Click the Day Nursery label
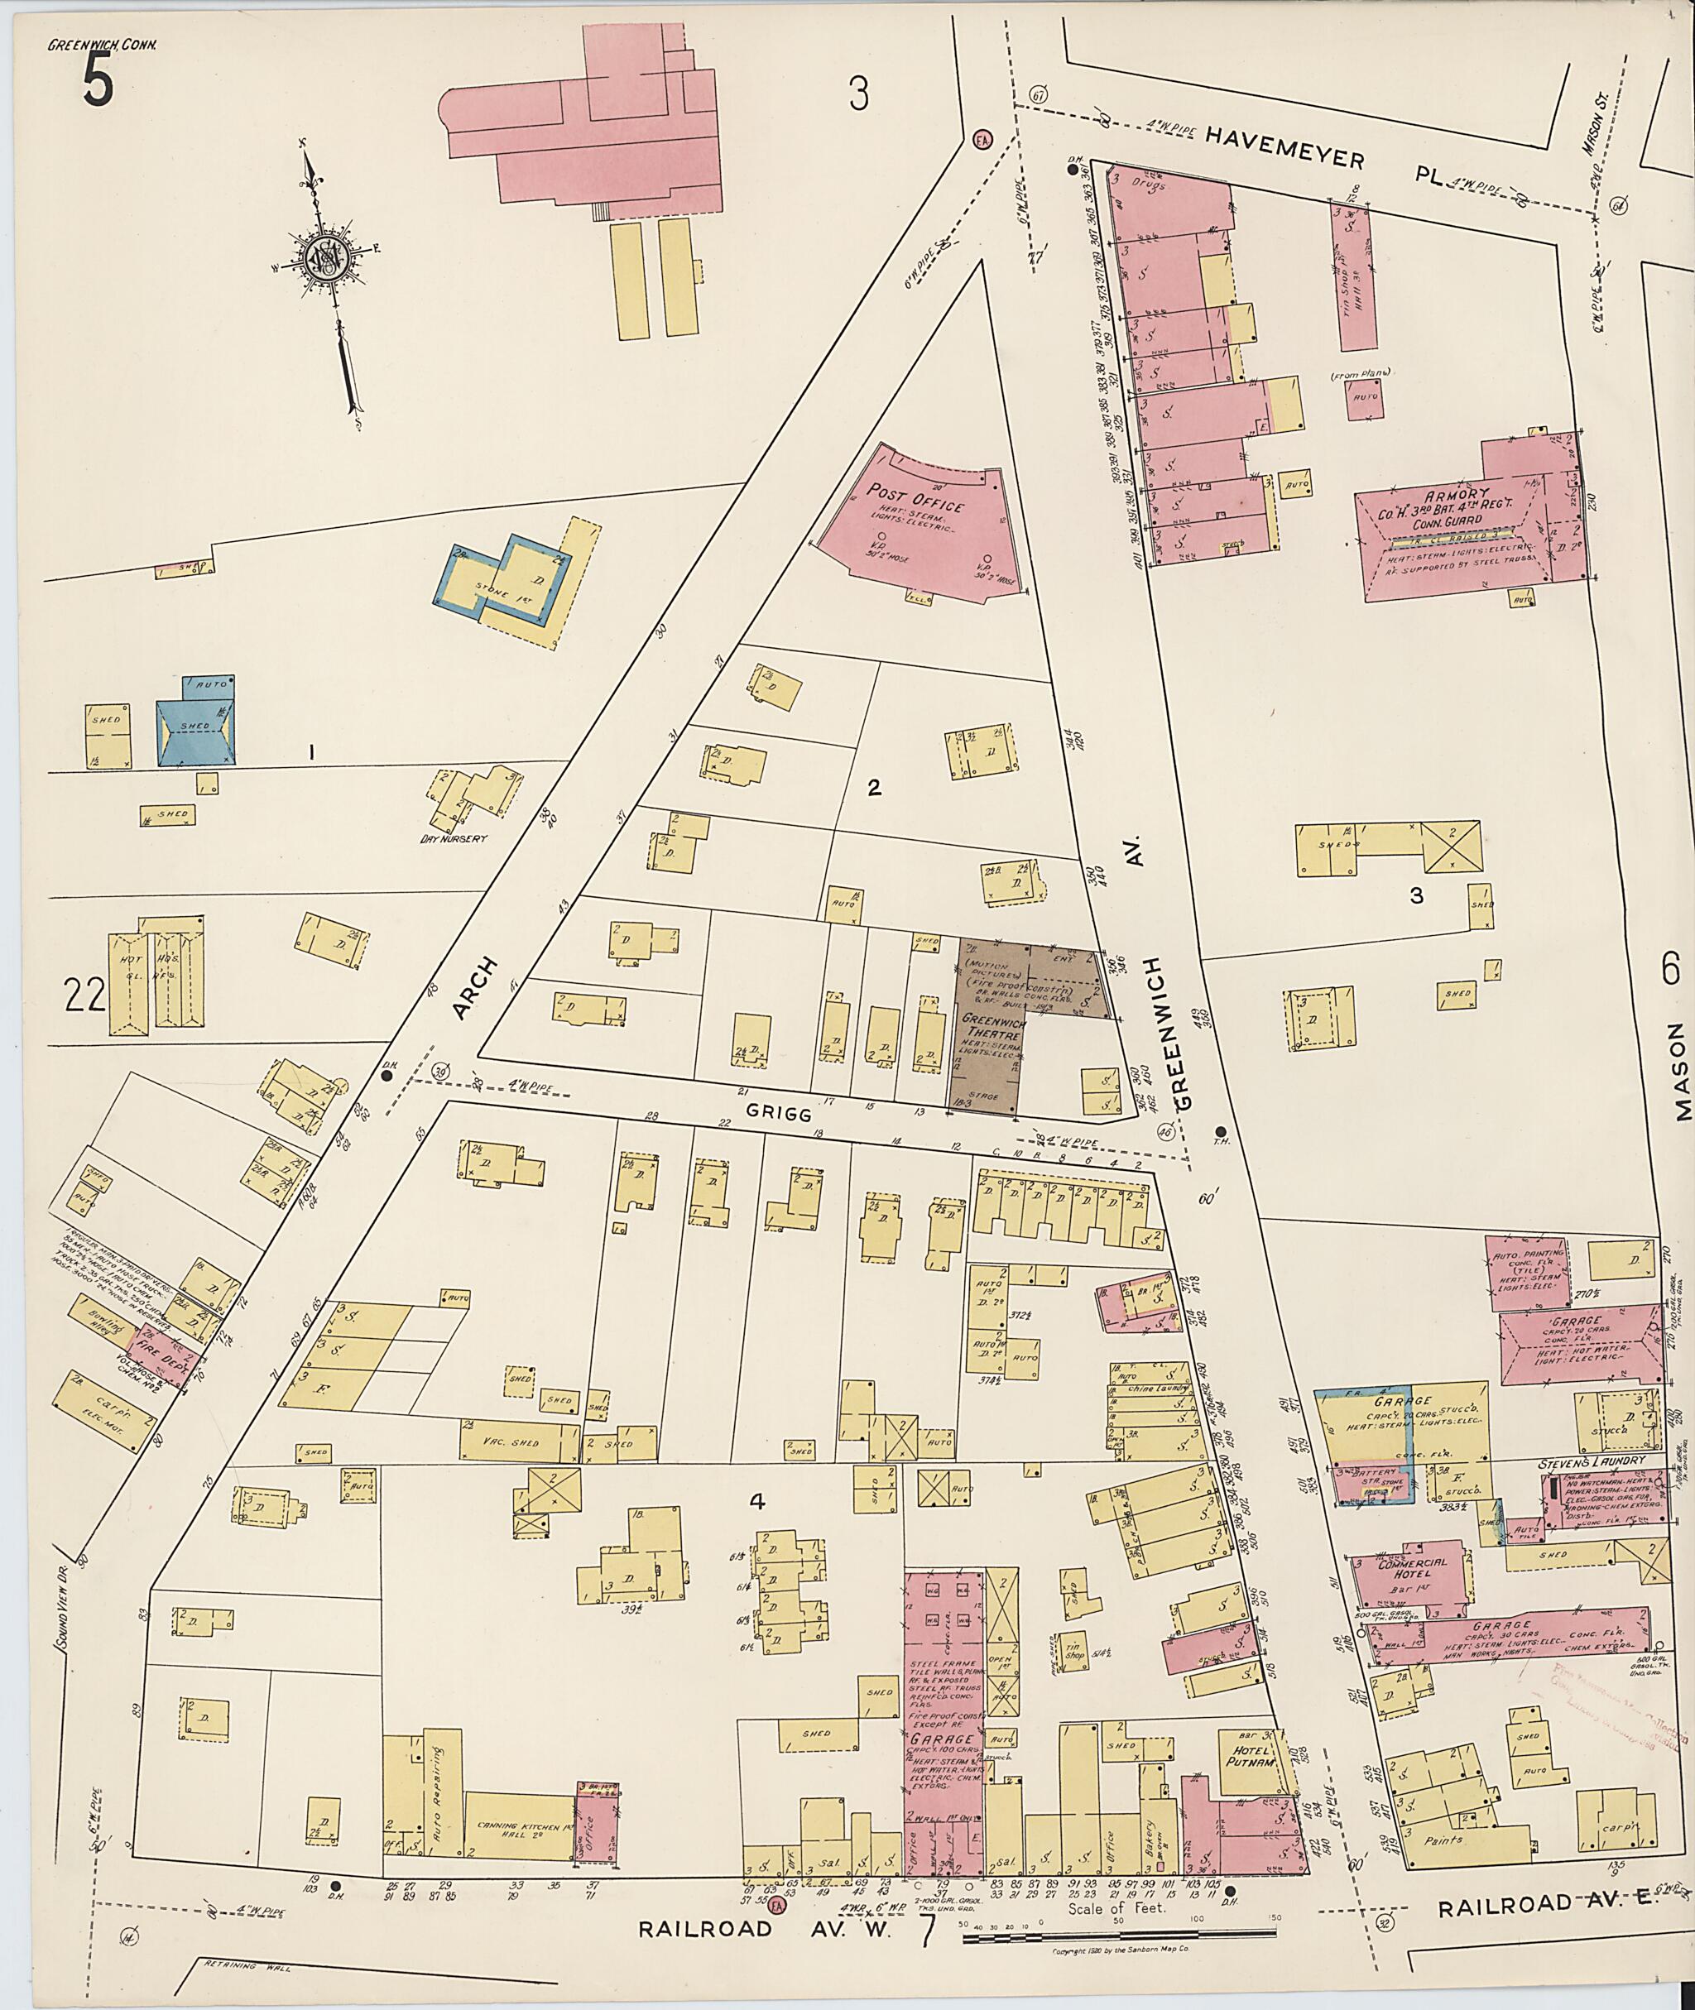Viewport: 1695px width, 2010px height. click(x=454, y=837)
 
